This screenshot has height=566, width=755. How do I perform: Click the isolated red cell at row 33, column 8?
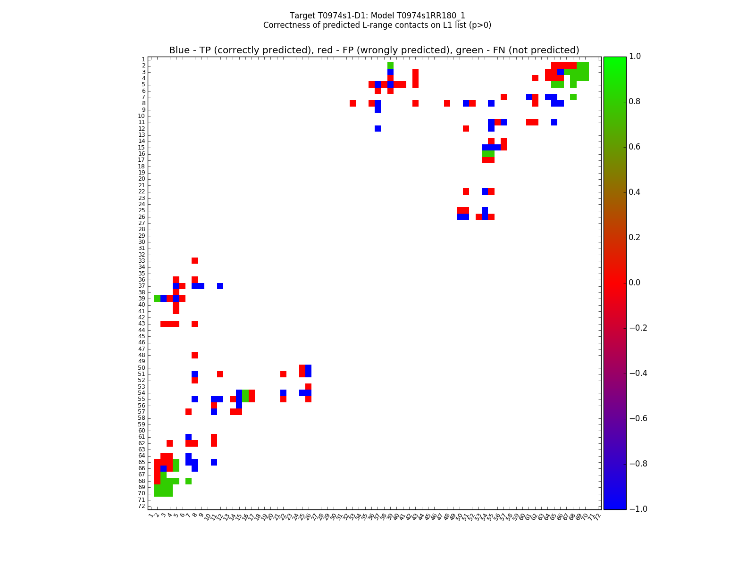195,261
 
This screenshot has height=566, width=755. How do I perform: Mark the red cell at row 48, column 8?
195,355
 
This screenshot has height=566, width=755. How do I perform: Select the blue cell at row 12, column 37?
377,128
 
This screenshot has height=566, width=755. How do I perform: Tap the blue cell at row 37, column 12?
220,286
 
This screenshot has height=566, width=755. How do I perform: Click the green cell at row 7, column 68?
573,97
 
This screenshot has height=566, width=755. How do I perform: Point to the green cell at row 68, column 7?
189,481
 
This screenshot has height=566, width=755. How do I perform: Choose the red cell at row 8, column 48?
447,103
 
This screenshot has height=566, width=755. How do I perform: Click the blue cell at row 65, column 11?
214,462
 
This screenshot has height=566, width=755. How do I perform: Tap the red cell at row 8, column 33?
352,103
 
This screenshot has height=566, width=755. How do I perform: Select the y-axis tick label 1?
143,59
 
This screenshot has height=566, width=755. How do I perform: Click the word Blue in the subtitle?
179,50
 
